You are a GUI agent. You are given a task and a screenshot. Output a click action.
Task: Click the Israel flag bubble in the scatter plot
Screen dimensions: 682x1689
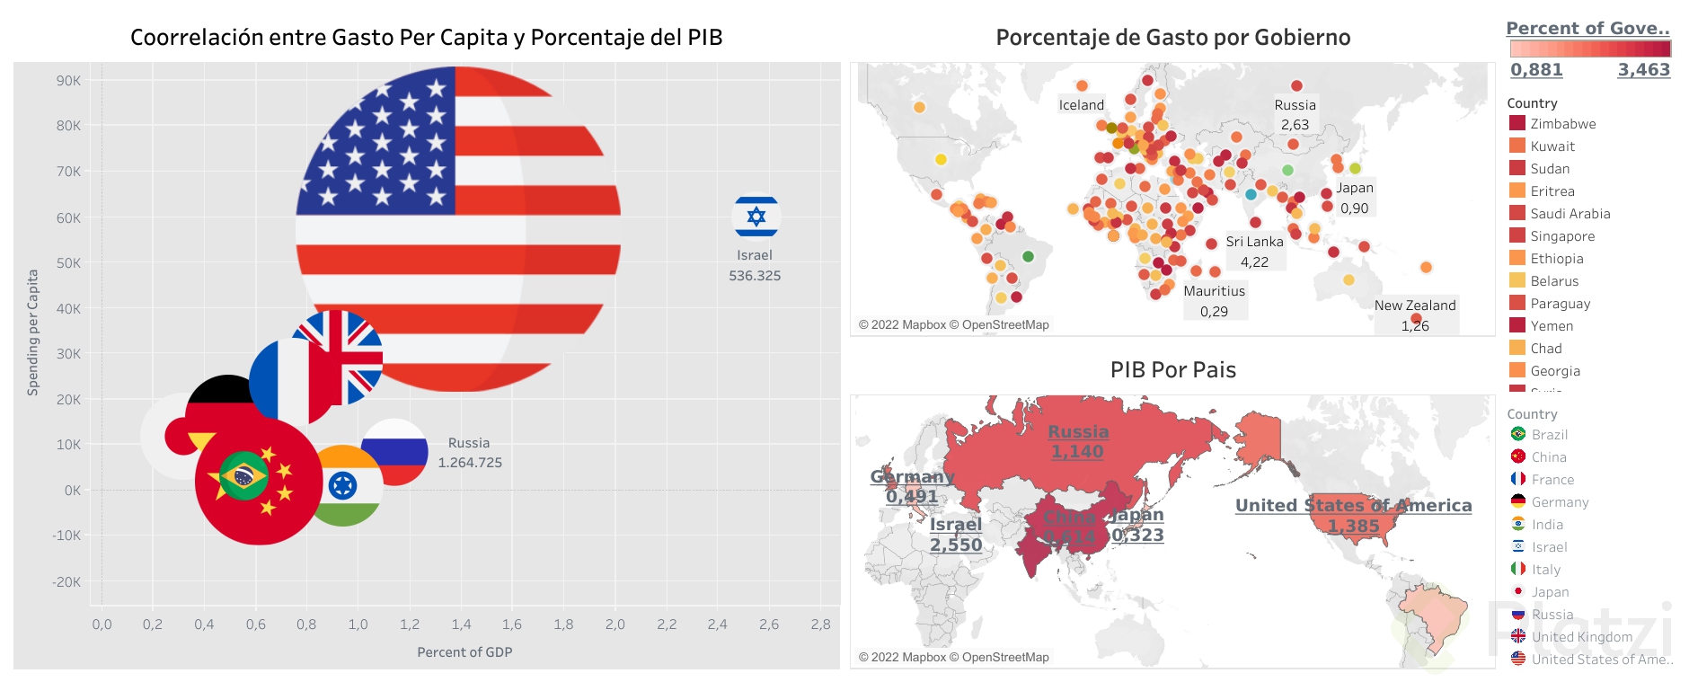[x=756, y=217]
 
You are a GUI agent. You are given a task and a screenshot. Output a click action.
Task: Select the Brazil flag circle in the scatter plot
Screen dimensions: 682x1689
[x=243, y=475]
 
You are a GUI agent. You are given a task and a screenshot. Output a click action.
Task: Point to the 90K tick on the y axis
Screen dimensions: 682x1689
[x=68, y=81]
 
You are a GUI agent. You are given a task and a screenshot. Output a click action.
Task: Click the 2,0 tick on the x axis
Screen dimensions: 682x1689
[x=615, y=624]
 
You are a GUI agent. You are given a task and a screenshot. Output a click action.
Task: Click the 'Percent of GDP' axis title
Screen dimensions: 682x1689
[x=464, y=652]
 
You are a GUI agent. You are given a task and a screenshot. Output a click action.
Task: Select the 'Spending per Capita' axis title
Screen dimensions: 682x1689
[x=33, y=332]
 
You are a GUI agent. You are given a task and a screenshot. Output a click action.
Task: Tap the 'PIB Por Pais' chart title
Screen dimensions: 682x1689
[x=1172, y=370]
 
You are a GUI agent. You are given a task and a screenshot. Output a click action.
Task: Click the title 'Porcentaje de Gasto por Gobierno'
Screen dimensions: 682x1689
[x=1172, y=38]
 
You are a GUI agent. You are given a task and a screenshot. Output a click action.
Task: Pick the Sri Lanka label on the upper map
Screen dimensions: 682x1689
[x=1254, y=242]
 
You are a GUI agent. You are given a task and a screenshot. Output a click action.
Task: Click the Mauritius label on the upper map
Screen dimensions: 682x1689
[x=1214, y=291]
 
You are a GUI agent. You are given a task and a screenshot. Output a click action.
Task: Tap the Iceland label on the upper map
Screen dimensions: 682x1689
[x=1081, y=105]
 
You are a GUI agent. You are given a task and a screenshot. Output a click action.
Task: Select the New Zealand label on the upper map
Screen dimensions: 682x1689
[x=1414, y=306]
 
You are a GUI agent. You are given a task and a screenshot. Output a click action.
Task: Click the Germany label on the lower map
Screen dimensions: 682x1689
[x=912, y=476]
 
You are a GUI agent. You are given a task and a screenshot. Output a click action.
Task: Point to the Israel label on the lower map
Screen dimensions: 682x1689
[x=955, y=525]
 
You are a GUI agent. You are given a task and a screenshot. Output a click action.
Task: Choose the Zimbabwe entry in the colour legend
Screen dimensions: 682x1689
[x=1562, y=124]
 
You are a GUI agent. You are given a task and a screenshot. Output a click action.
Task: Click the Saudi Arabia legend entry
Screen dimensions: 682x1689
[x=1570, y=214]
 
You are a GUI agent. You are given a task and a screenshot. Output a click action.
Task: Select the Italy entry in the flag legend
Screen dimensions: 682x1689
[x=1545, y=570]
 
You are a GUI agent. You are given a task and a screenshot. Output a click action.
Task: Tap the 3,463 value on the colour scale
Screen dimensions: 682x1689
[x=1643, y=70]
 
